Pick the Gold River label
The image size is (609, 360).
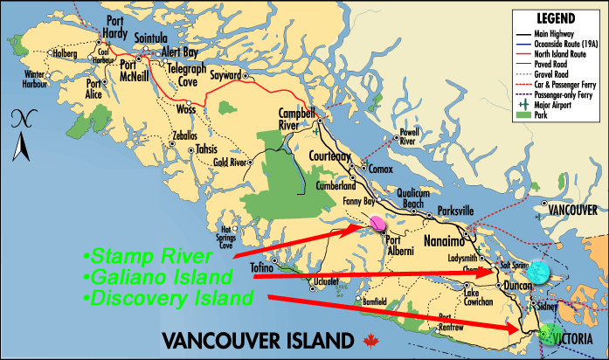[x=231, y=162]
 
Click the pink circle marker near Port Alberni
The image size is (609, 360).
[x=377, y=224]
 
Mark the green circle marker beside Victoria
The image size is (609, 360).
[x=549, y=333]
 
